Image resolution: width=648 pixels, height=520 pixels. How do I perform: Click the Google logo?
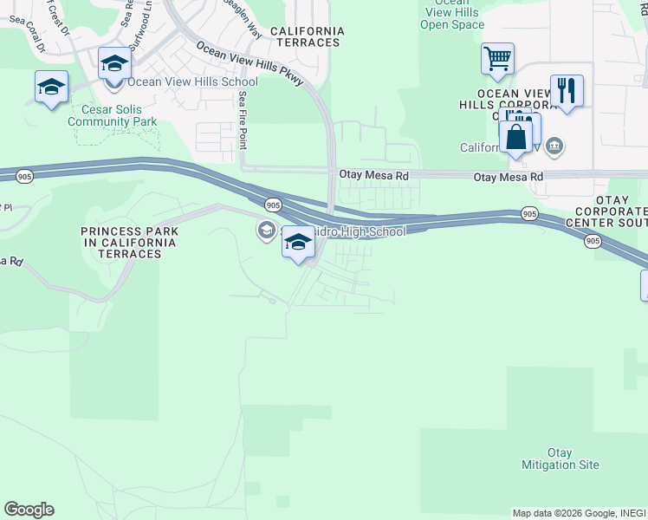pos(29,510)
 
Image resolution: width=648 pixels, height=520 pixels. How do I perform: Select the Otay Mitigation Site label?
pos(561,459)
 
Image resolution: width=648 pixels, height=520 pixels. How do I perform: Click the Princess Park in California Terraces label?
pos(129,237)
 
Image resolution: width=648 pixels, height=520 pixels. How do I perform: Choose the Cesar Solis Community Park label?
pos(119,116)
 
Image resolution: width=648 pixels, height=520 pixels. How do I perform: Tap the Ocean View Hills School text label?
pos(180,82)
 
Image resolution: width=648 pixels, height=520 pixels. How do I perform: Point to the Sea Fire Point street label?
pos(243,120)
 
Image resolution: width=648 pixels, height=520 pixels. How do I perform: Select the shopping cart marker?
pos(497,60)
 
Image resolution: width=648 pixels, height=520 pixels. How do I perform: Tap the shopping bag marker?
pos(515,137)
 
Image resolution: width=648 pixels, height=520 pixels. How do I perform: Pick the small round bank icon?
pos(555,146)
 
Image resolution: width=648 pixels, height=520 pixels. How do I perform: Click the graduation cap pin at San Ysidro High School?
pos(298,243)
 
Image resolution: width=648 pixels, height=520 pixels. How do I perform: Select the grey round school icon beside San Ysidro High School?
pos(265,230)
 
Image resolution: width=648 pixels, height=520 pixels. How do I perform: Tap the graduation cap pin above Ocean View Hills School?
pos(114,63)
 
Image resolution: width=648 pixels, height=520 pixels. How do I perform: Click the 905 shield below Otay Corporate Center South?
pos(593,241)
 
